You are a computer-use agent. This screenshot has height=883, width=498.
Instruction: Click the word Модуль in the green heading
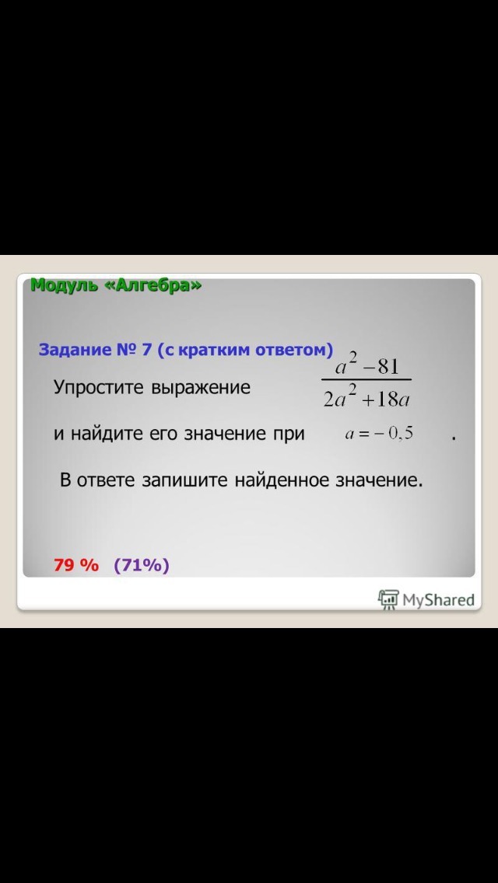pos(64,285)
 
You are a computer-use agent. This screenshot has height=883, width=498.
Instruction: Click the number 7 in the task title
pos(146,350)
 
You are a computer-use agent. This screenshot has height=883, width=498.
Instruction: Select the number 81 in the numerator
pos(388,367)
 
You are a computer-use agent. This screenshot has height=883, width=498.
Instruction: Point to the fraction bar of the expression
pos(366,379)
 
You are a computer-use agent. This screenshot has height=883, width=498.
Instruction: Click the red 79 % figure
pos(76,565)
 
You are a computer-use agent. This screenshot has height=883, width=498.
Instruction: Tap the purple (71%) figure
pos(142,565)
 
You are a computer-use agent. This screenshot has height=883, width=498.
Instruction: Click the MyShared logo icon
pos(388,599)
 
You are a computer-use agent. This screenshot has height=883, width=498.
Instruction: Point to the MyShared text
pos(438,600)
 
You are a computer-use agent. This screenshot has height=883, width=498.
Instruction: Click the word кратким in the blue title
pos(217,351)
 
